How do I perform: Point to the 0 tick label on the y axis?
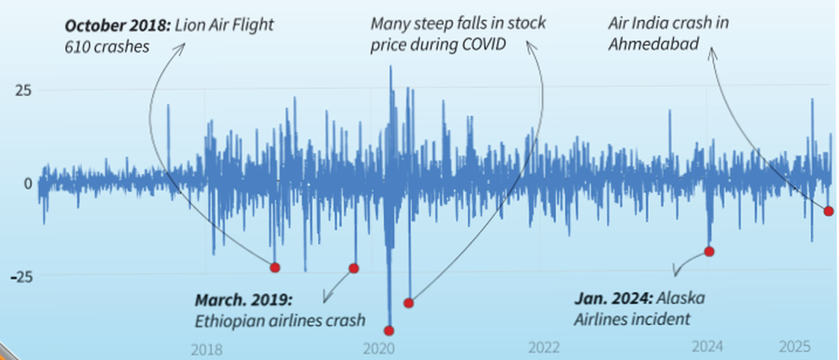(x=28, y=183)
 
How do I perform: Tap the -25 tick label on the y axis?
(x=21, y=276)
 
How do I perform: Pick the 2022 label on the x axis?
(x=543, y=348)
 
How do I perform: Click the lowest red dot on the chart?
(x=389, y=331)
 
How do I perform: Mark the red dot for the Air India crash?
(x=829, y=211)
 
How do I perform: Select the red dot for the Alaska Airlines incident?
(x=709, y=252)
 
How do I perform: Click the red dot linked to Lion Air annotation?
(x=275, y=268)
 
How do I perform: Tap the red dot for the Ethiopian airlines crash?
(x=354, y=268)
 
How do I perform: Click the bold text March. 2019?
(x=243, y=301)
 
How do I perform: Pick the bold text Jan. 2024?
(x=612, y=298)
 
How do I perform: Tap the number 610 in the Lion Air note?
(x=77, y=48)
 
